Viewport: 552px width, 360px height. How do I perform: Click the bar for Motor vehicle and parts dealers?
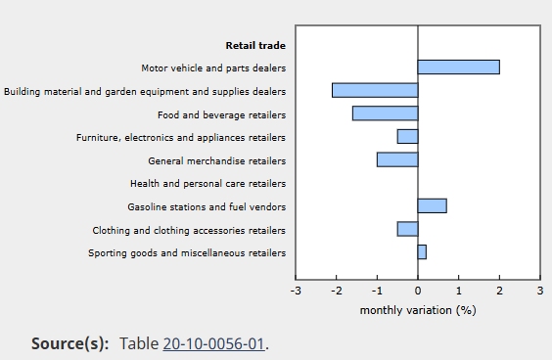click(x=458, y=67)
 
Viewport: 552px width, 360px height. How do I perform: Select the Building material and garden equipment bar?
click(x=375, y=90)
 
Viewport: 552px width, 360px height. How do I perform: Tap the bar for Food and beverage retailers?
click(x=386, y=113)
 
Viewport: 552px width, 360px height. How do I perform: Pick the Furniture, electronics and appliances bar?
click(x=408, y=137)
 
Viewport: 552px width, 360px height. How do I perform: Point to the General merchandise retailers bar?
click(x=397, y=159)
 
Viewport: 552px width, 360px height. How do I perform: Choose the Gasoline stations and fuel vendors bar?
click(x=433, y=205)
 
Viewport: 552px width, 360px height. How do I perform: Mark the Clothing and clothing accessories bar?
click(x=408, y=229)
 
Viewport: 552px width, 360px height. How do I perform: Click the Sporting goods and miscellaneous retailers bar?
click(x=422, y=252)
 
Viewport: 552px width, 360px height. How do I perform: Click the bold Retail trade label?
click(x=255, y=45)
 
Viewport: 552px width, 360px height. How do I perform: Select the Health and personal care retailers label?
click(x=208, y=183)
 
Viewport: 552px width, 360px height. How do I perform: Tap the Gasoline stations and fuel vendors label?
click(x=207, y=206)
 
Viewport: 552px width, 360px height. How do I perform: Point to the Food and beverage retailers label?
click(x=222, y=115)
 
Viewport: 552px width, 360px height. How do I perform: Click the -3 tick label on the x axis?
click(x=296, y=291)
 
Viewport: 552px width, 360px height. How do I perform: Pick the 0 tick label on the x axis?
click(x=418, y=291)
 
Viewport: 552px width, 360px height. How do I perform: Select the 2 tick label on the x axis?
click(x=499, y=291)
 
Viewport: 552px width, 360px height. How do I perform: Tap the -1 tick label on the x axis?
click(x=377, y=291)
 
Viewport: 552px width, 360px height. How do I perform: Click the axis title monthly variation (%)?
click(x=418, y=310)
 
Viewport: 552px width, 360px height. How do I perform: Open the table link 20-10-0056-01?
click(x=213, y=343)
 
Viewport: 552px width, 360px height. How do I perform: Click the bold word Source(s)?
click(x=70, y=343)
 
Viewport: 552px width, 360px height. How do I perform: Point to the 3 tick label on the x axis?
click(x=540, y=291)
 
